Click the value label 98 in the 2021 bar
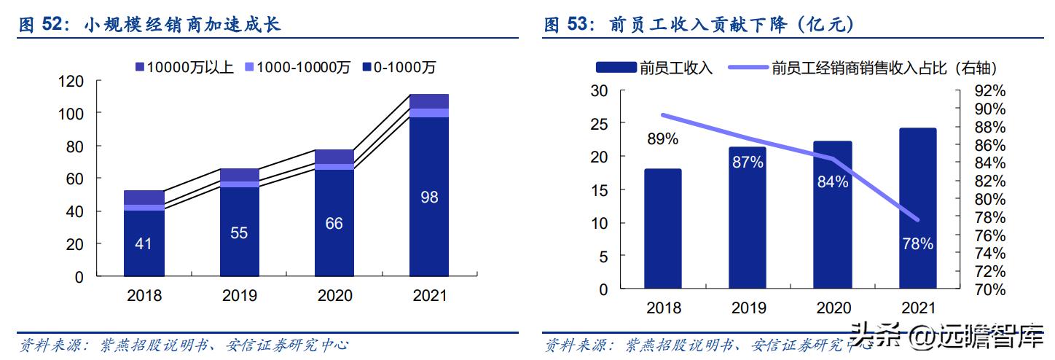pos(429,197)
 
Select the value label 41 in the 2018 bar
pos(144,243)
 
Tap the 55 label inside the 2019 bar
pos(239,233)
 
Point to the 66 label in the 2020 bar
pos(334,224)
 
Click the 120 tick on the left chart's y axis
pos(71,81)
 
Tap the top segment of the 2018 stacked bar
pos(144,197)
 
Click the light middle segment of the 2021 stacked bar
pos(429,113)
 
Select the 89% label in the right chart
pos(662,138)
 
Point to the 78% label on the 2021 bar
pos(917,244)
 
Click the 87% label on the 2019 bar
pos(748,163)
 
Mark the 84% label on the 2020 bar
pos(832,182)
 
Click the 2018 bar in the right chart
pos(662,229)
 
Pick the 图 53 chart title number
pos(567,26)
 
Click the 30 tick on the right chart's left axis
pos(599,91)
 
